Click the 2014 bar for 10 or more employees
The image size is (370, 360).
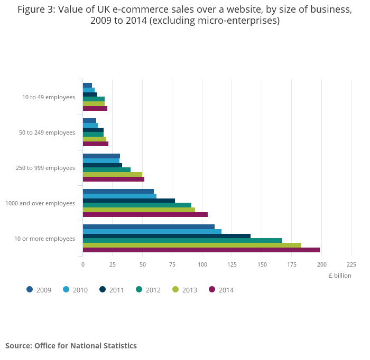tap(201, 250)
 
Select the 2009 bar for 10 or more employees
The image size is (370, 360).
tap(149, 227)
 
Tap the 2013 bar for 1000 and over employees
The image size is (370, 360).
tap(138, 210)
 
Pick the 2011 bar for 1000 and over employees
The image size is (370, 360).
tap(128, 201)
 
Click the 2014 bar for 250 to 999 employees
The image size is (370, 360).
tap(113, 179)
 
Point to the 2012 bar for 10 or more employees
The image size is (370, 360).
tap(182, 241)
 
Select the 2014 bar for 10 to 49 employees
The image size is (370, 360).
tap(95, 108)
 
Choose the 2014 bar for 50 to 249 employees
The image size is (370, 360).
tap(95, 144)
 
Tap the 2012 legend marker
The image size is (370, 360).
tap(140, 289)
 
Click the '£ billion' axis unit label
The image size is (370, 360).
tap(339, 275)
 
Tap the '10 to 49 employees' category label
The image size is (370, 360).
tap(49, 97)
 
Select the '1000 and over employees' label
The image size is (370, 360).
tap(40, 203)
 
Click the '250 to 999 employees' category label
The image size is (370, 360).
tap(45, 168)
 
